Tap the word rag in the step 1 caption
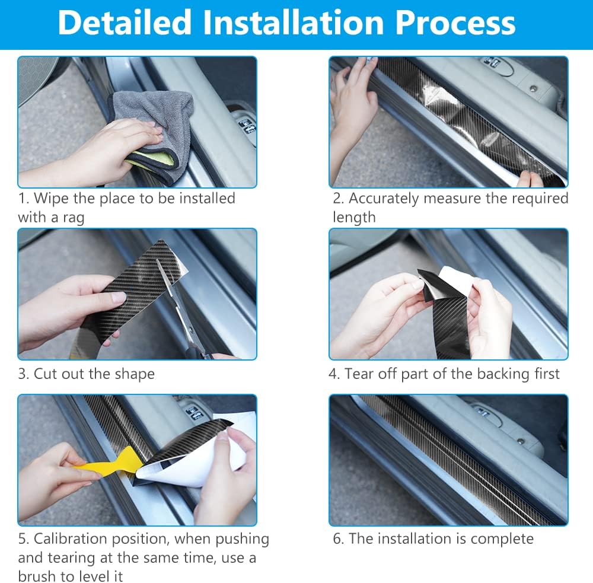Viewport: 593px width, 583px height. coord(74,218)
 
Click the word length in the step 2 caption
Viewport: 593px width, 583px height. coord(354,218)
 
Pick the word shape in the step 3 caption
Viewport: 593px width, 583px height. coord(135,374)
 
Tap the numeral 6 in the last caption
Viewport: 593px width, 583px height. coord(337,539)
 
